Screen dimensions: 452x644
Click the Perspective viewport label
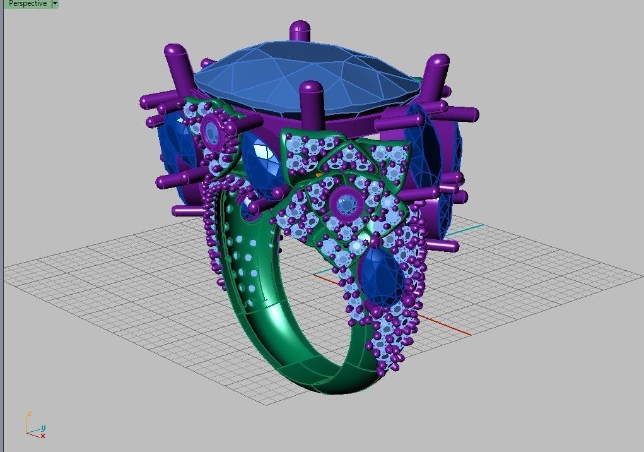click(27, 4)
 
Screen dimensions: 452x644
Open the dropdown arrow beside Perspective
click(55, 4)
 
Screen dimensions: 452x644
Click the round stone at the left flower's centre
click(211, 132)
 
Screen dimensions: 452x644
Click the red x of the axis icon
click(42, 436)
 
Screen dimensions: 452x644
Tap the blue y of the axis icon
click(43, 428)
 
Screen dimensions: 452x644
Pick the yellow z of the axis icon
click(28, 414)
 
